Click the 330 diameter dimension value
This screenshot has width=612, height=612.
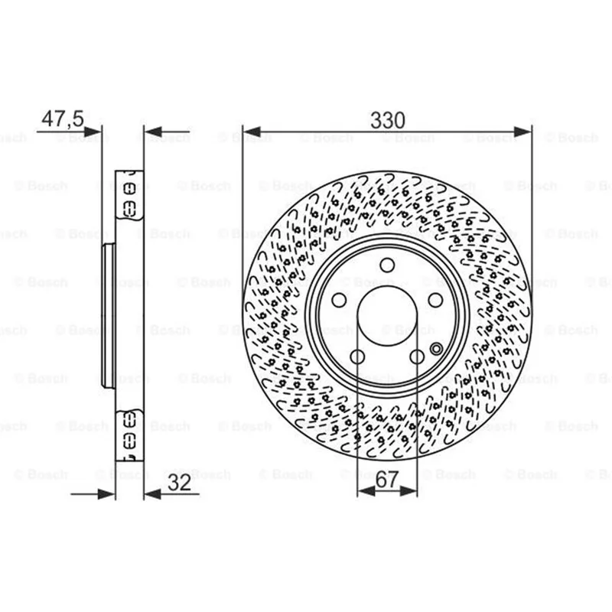[x=388, y=120]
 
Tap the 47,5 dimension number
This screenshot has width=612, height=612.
[x=63, y=119]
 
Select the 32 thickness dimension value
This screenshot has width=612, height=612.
[x=180, y=483]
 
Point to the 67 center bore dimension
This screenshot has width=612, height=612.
[x=387, y=480]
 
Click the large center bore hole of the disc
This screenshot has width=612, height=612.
[x=387, y=315]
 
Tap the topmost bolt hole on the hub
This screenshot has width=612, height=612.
[x=387, y=265]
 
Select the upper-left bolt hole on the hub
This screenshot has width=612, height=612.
[x=339, y=300]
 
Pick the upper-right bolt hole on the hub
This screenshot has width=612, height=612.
[x=435, y=300]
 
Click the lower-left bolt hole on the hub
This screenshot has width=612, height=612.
[x=357, y=356]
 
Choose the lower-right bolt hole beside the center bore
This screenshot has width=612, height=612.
[x=417, y=356]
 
